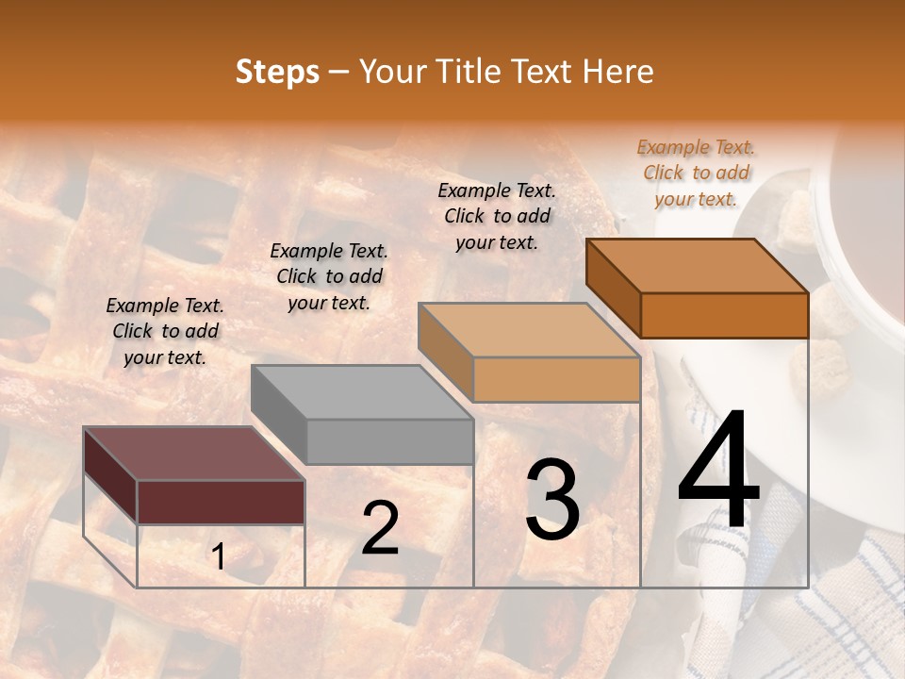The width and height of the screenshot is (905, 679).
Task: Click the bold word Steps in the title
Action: pos(277,72)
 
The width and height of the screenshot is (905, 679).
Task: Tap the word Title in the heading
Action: pos(468,72)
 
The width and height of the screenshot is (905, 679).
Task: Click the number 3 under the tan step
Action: pos(552,500)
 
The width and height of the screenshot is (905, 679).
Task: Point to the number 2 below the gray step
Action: pos(380,528)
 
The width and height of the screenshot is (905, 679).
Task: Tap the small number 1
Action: pos(218,557)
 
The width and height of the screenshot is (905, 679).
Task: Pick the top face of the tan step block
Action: pos(529,329)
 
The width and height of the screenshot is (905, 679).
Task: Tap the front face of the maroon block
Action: pos(221,502)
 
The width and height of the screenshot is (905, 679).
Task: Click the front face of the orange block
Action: pos(724,315)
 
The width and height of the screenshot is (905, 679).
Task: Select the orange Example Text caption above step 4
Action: pos(696,173)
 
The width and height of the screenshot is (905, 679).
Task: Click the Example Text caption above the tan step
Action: pos(497,216)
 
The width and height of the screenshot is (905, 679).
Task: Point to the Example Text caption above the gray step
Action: pos(329,276)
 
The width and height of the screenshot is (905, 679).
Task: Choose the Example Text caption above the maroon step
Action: pos(165,331)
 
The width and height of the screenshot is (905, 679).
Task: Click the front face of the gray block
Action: pos(389,441)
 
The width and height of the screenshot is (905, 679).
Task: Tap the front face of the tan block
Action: pos(556,379)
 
